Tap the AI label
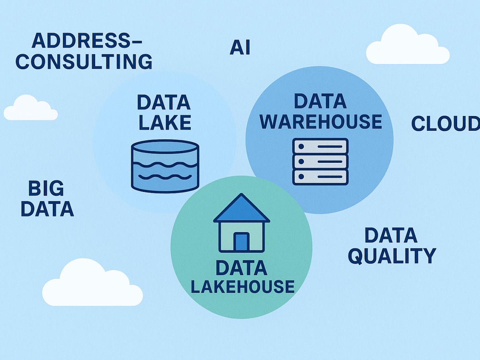click(240, 48)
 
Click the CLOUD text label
click(445, 124)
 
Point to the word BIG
click(46, 188)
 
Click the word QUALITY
click(392, 256)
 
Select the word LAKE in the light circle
click(165, 123)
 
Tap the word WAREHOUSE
click(321, 122)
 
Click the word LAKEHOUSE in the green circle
click(242, 286)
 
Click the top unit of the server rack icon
click(320, 146)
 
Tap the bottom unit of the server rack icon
click(320, 176)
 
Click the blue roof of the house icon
click(241, 210)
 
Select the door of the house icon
click(241, 242)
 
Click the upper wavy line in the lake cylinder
click(165, 164)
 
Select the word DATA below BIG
click(47, 209)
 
